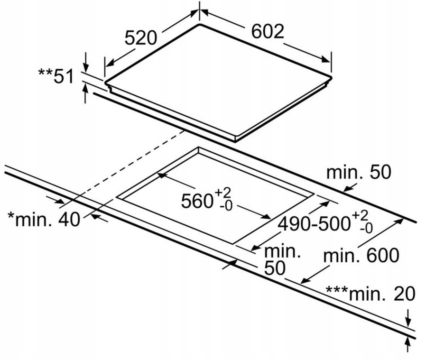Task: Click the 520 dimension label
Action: (x=140, y=37)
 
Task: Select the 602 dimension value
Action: (x=267, y=31)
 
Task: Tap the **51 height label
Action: (x=56, y=76)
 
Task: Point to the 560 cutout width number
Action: (x=196, y=201)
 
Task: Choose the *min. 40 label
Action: (x=44, y=220)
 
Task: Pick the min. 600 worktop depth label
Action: (x=361, y=256)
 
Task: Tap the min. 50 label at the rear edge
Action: (x=359, y=173)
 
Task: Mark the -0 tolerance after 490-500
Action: (x=366, y=229)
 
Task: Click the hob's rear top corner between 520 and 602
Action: (x=200, y=24)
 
